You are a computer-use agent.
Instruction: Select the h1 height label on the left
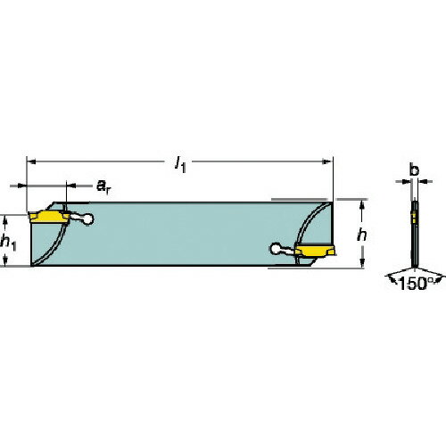point(9,240)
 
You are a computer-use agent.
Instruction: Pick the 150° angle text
point(413,285)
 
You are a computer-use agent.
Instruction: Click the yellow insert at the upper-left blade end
point(46,217)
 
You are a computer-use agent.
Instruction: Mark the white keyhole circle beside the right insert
point(277,251)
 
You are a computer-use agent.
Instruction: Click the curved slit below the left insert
point(52,245)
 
